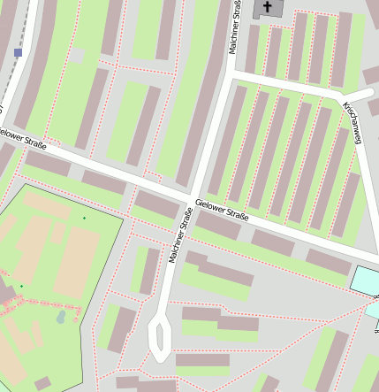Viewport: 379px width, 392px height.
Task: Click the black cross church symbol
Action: pos(267,7)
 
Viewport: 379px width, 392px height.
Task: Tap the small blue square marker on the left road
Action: pos(18,53)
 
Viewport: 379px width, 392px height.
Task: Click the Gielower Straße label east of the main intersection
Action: pos(222,211)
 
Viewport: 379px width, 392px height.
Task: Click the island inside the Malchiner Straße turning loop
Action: pos(160,337)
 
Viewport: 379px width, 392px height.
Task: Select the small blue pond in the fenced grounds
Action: pos(60,316)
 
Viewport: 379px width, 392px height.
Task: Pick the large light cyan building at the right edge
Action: pos(365,281)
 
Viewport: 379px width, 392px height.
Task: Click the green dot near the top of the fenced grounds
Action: pos(85,218)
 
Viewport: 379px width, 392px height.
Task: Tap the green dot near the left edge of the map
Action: pos(21,286)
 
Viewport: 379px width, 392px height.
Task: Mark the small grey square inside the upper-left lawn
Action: pos(79,56)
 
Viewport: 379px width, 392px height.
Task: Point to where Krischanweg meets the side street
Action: pos(343,96)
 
